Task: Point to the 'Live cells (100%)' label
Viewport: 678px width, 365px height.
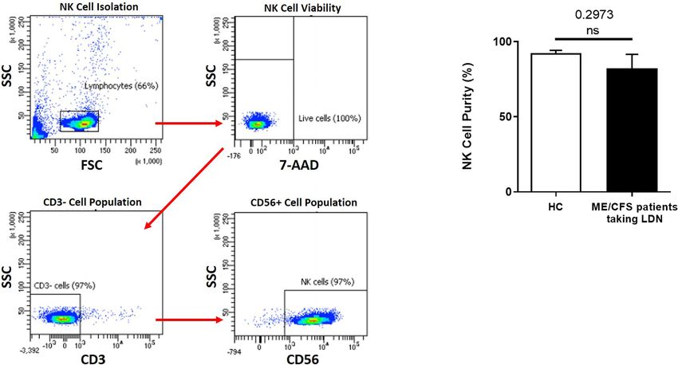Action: (x=329, y=119)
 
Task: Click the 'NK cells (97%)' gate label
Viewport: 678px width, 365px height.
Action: (x=328, y=282)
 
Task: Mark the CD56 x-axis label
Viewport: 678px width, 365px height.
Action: (x=305, y=358)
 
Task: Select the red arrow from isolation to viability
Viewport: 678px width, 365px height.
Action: (x=187, y=124)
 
